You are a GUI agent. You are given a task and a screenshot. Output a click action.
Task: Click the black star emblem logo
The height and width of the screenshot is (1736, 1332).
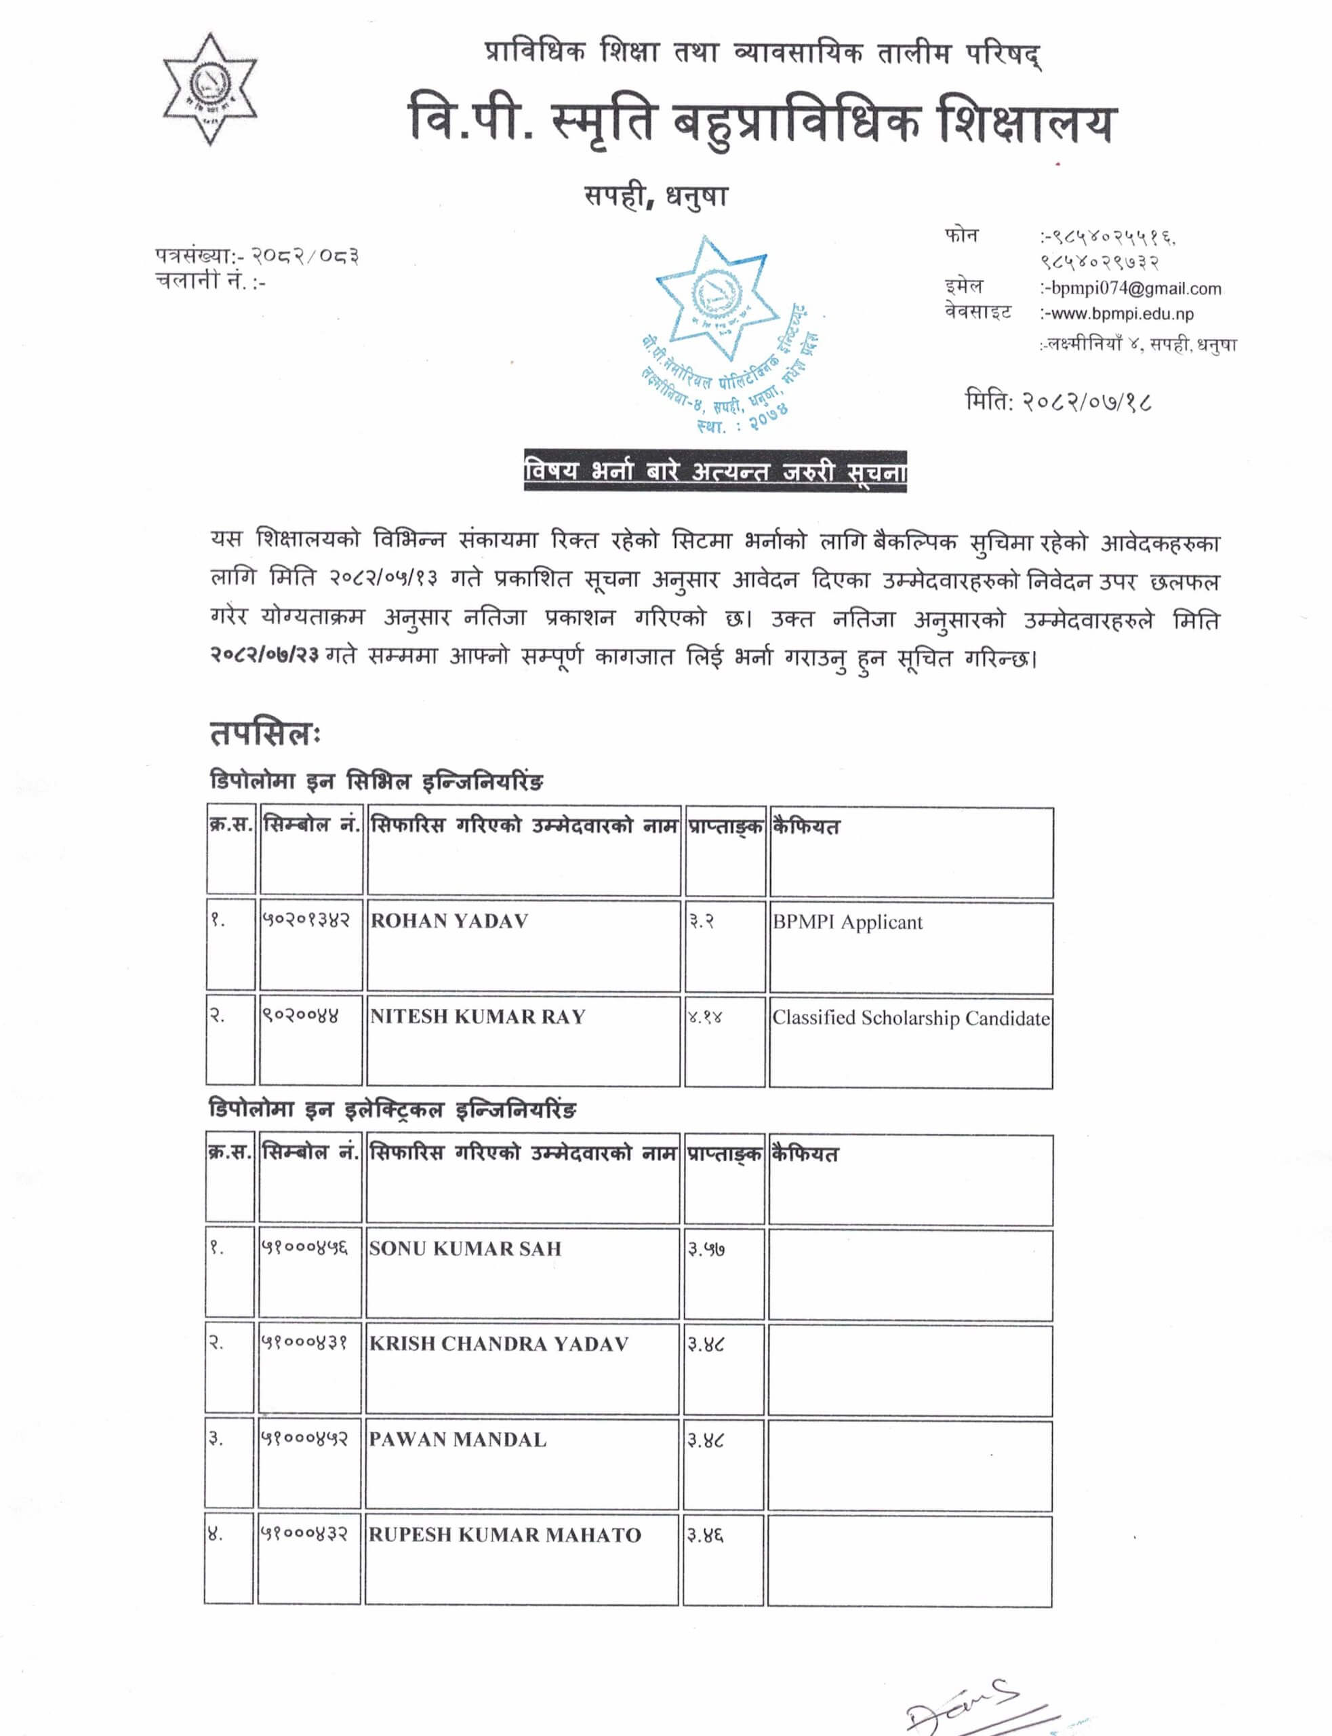pos(209,89)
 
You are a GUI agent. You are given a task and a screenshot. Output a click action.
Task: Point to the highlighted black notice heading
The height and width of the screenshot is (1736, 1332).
pos(714,472)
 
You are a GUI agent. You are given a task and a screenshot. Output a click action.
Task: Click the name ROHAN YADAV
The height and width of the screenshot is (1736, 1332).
pos(449,921)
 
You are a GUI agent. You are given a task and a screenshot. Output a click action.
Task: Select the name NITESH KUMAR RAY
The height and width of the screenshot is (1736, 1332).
pos(477,1017)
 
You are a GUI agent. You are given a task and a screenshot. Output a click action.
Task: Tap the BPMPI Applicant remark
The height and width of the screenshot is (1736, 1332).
pos(847,922)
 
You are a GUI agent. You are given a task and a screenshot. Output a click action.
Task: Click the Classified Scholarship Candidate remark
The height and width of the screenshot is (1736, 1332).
pos(910,1019)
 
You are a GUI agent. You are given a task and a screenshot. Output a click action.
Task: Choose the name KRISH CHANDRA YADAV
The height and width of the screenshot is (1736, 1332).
pos(499,1344)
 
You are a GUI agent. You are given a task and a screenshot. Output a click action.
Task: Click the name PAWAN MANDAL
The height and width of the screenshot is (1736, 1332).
pos(458,1440)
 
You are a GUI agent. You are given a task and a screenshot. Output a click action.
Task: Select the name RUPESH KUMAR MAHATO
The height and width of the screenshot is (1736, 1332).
pos(504,1535)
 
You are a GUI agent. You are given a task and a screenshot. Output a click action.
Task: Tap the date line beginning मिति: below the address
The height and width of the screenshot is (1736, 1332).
pos(1057,401)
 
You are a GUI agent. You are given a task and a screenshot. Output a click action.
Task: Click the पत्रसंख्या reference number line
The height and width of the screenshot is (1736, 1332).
pos(257,256)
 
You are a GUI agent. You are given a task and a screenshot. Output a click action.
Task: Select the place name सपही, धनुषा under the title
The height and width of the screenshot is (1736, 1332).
pos(655,196)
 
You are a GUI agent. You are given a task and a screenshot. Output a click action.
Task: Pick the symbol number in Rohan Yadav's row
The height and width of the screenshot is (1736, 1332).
pos(305,920)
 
